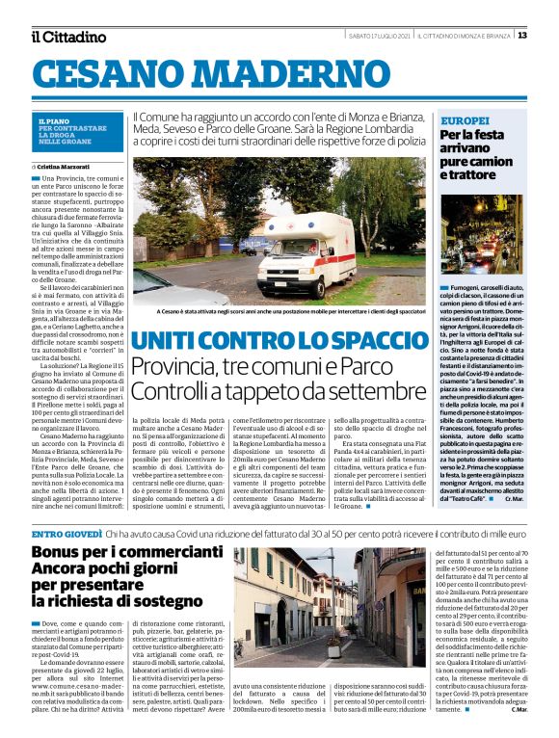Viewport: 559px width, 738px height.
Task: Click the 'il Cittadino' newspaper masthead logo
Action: pyautogui.click(x=68, y=37)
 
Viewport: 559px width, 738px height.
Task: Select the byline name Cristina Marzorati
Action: pyautogui.click(x=64, y=167)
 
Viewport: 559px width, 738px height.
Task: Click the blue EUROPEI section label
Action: pyautogui.click(x=463, y=122)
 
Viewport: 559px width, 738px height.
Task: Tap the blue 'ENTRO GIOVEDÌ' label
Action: pyautogui.click(x=67, y=533)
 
